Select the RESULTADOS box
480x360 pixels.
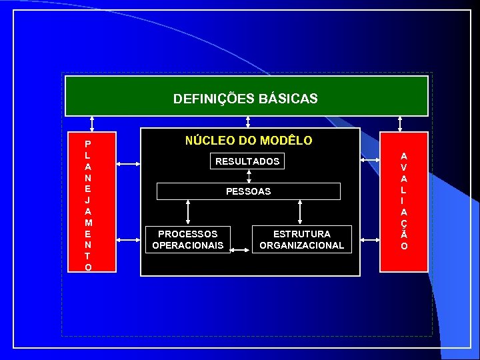pyautogui.click(x=247, y=161)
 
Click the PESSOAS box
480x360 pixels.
pyautogui.click(x=248, y=191)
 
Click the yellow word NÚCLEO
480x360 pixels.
pyautogui.click(x=207, y=141)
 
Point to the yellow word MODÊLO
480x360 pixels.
pyautogui.click(x=286, y=141)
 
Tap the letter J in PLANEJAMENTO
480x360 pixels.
pyautogui.click(x=89, y=199)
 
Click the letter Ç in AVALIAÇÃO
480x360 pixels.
pyautogui.click(x=404, y=223)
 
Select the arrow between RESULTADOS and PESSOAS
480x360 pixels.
pyautogui.click(x=248, y=175)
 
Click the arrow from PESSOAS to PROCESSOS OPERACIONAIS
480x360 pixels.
pyautogui.click(x=189, y=213)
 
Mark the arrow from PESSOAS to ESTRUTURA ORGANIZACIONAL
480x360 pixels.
pyautogui.click(x=301, y=213)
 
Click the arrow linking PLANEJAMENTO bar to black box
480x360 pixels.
pyautogui.click(x=127, y=161)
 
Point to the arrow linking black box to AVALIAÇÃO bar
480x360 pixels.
pyautogui.click(x=370, y=161)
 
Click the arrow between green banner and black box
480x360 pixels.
pyautogui.click(x=248, y=121)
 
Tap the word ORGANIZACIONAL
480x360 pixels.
pyautogui.click(x=301, y=245)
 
